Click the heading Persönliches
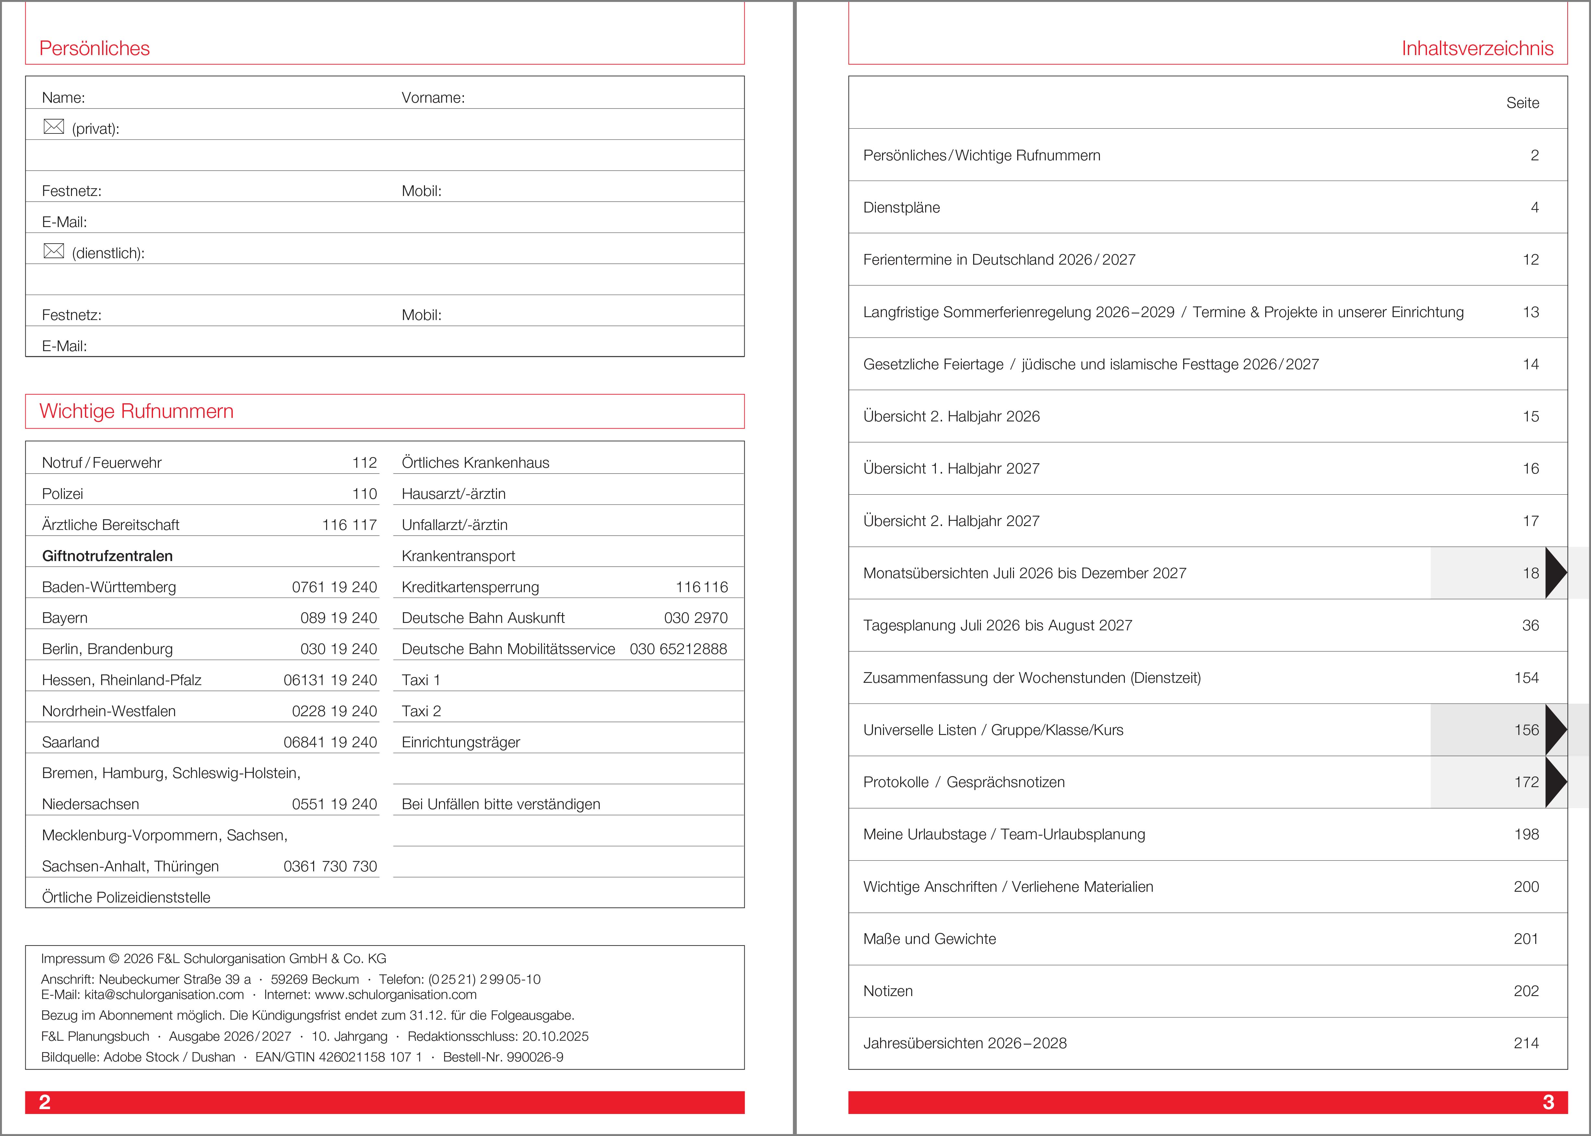tap(95, 48)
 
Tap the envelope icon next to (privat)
tap(54, 127)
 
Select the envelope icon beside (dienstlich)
tap(54, 251)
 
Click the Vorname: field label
tap(432, 98)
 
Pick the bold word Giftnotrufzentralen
tap(107, 556)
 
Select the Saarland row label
tap(71, 742)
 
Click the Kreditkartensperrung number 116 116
tap(701, 587)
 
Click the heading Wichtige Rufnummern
tap(136, 411)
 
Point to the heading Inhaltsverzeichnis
tap(1477, 48)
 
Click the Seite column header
tap(1522, 103)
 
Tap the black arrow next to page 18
tap(1555, 573)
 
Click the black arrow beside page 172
tap(1555, 782)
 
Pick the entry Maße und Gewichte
tap(929, 939)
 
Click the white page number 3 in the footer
tap(1548, 1102)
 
